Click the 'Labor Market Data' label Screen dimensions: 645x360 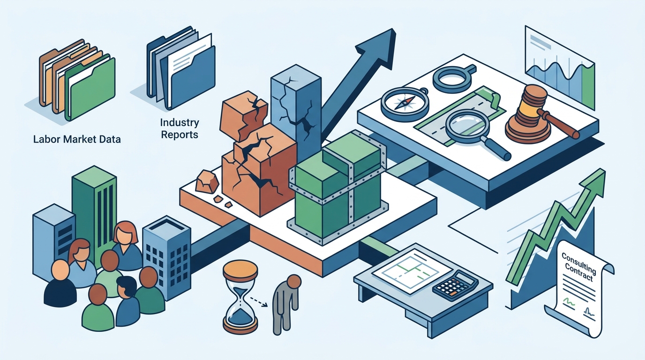click(77, 139)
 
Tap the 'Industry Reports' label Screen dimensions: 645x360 click(180, 128)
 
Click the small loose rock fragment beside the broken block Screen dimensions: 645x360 click(206, 181)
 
